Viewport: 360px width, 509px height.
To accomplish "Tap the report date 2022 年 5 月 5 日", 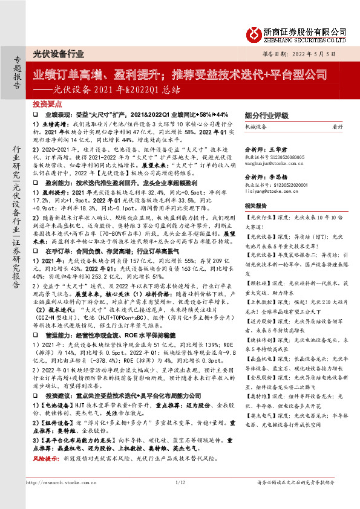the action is (317, 54).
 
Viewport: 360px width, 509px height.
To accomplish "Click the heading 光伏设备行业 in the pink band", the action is (59, 54).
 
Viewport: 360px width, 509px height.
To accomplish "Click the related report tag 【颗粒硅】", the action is (258, 281).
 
